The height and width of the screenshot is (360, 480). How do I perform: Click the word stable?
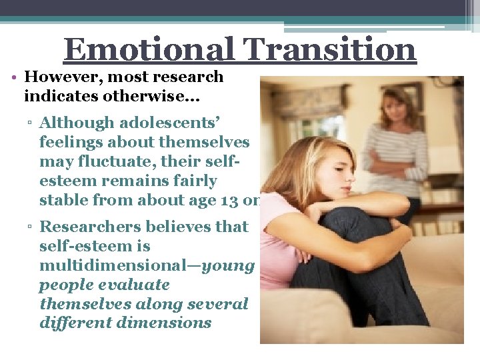tap(64, 200)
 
